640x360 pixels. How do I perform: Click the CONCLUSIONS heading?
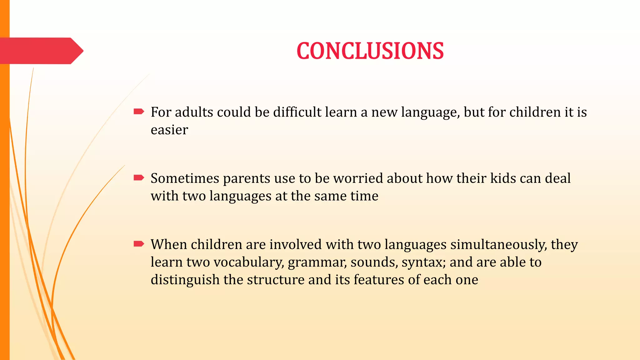coord(370,51)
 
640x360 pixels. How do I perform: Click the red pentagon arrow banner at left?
coord(41,51)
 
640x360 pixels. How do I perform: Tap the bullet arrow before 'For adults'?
coord(139,112)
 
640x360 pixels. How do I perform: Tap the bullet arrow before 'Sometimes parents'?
coord(139,178)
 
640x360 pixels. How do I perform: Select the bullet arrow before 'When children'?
coord(139,244)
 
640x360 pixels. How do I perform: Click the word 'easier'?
coord(169,130)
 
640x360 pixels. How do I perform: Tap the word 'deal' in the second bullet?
coord(558,178)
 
